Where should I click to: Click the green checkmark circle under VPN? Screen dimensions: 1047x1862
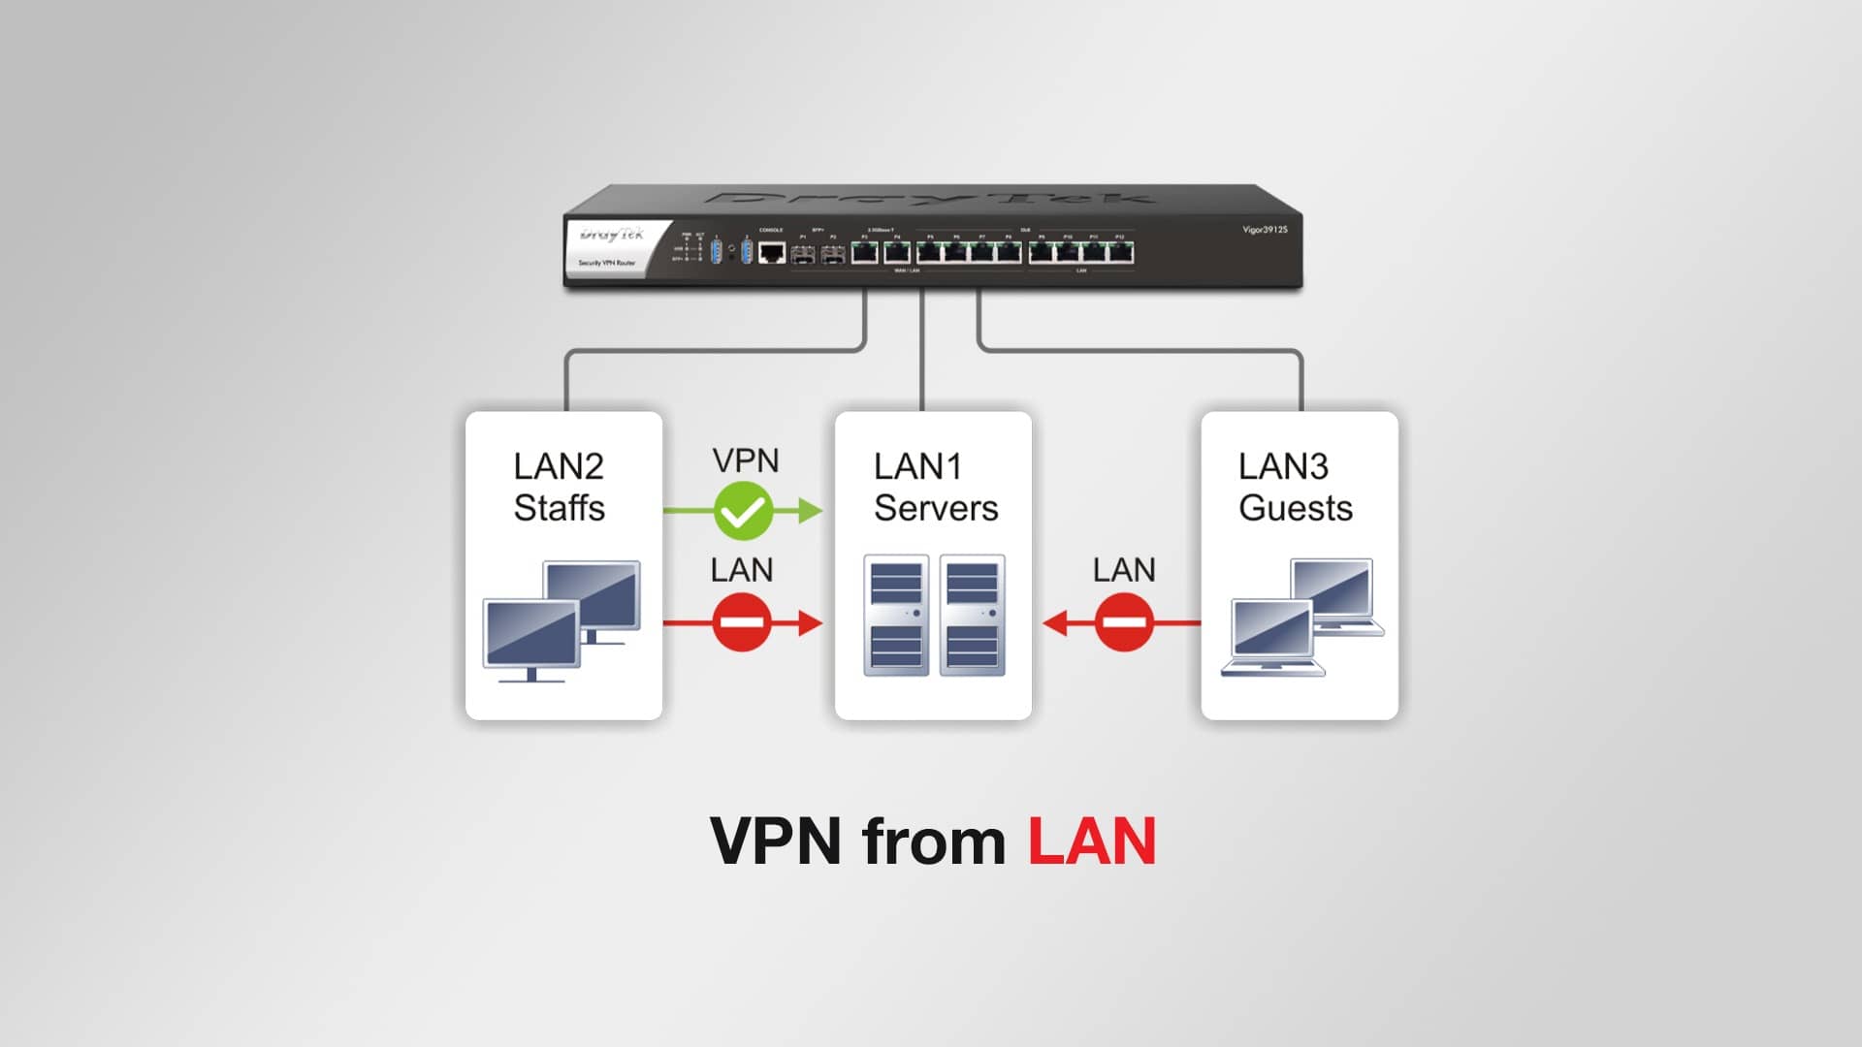(x=743, y=511)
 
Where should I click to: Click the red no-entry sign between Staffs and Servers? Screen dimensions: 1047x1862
(x=742, y=622)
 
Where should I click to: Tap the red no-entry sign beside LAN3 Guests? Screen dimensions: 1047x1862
(x=1124, y=622)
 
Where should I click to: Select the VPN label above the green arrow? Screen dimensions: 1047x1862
(x=745, y=460)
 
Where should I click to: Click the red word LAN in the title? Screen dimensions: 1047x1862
(x=1091, y=841)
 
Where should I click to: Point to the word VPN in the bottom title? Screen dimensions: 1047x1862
(x=775, y=841)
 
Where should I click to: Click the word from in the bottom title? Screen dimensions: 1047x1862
(x=933, y=841)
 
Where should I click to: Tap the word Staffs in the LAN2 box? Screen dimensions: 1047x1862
(x=559, y=508)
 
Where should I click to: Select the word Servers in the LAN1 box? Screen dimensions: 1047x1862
(x=935, y=508)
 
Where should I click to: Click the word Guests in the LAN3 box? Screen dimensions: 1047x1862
(x=1295, y=508)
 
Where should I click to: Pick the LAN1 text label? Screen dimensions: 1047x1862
(x=916, y=466)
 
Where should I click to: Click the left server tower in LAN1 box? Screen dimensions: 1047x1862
(x=895, y=615)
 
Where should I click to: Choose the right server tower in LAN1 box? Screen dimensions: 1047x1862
(x=972, y=615)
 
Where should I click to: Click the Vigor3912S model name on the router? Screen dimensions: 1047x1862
(x=1265, y=230)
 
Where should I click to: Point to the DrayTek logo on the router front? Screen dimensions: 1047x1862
(x=611, y=235)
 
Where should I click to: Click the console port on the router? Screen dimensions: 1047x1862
(x=771, y=253)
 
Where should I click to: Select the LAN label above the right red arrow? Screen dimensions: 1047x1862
(x=1124, y=570)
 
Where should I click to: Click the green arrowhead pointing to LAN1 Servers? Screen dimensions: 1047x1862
(x=811, y=510)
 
